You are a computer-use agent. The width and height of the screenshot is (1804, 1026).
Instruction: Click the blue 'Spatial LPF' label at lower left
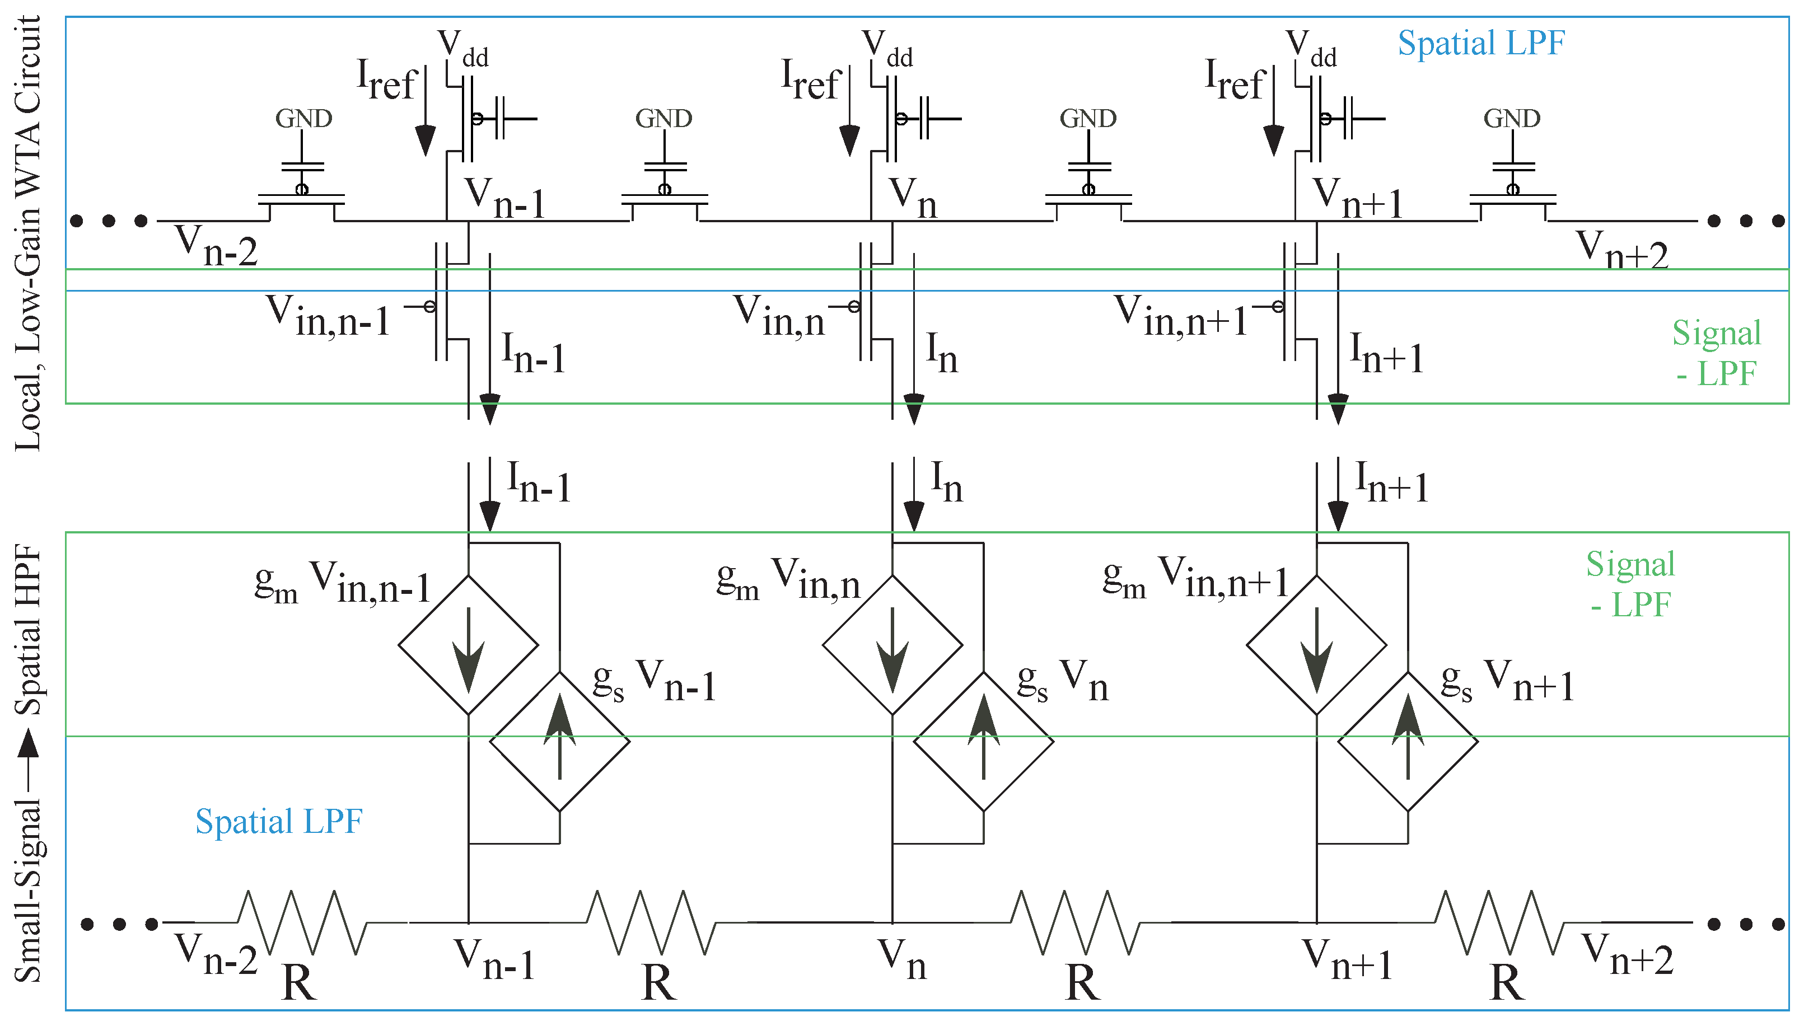pyautogui.click(x=278, y=822)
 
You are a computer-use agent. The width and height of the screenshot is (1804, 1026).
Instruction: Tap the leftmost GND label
pyautogui.click(x=303, y=119)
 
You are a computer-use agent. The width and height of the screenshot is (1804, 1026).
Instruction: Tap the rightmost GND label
pyautogui.click(x=1512, y=119)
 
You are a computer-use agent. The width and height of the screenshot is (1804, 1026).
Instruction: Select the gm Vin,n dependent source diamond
pyautogui.click(x=892, y=645)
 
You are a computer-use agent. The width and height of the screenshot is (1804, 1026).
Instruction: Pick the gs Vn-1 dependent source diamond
pyautogui.click(x=559, y=741)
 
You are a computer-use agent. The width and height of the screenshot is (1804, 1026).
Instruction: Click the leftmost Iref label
pyautogui.click(x=386, y=79)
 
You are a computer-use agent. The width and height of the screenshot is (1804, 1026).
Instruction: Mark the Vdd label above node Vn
pyautogui.click(x=887, y=48)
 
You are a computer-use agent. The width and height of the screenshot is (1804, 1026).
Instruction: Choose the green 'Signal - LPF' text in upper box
pyautogui.click(x=1716, y=352)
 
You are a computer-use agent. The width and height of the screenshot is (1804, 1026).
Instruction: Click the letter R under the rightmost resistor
pyautogui.click(x=1507, y=982)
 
